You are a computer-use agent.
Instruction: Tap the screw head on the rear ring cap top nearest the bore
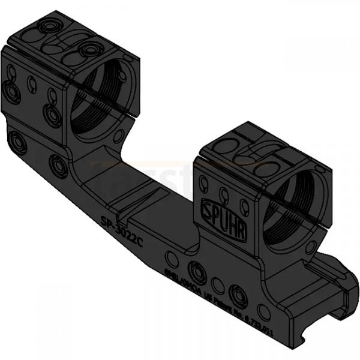(x=91, y=48)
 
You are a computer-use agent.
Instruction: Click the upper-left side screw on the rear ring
(x=11, y=89)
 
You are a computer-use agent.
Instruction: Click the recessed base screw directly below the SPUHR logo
(x=241, y=296)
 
